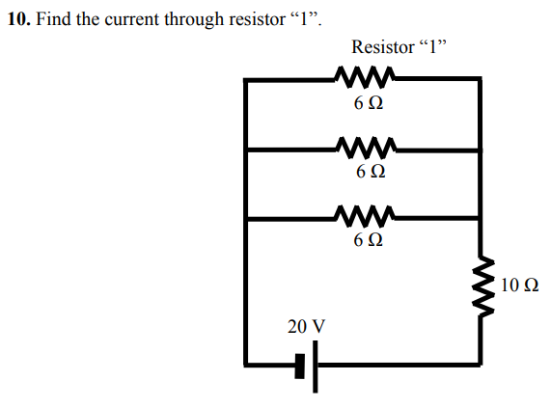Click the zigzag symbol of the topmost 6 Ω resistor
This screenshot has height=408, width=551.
click(364, 77)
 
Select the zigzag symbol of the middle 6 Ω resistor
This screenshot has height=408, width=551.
click(364, 148)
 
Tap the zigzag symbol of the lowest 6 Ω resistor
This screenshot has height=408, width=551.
click(364, 216)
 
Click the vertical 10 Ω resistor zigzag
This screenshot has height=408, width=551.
click(480, 286)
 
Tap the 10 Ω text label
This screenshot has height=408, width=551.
click(520, 286)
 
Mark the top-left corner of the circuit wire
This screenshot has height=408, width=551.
click(248, 80)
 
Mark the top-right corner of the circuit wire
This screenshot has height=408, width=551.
click(480, 80)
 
